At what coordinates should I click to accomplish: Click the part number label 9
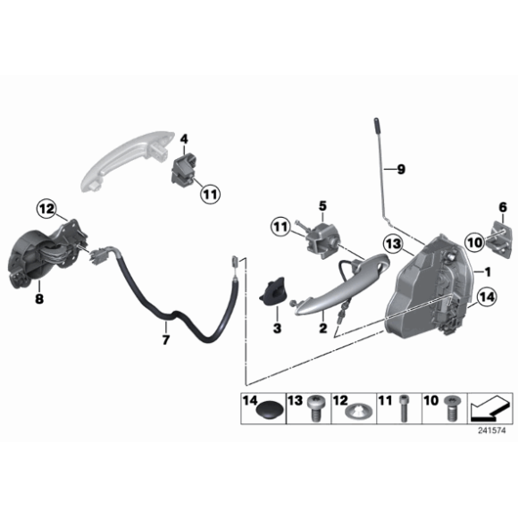(401, 169)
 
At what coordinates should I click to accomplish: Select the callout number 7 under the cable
(163, 340)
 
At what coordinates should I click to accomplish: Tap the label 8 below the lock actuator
(39, 300)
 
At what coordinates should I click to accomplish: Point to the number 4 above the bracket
(184, 138)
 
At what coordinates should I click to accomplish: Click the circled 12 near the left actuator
(46, 209)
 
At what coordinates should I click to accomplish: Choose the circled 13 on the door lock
(392, 243)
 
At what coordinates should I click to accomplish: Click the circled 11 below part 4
(209, 193)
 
